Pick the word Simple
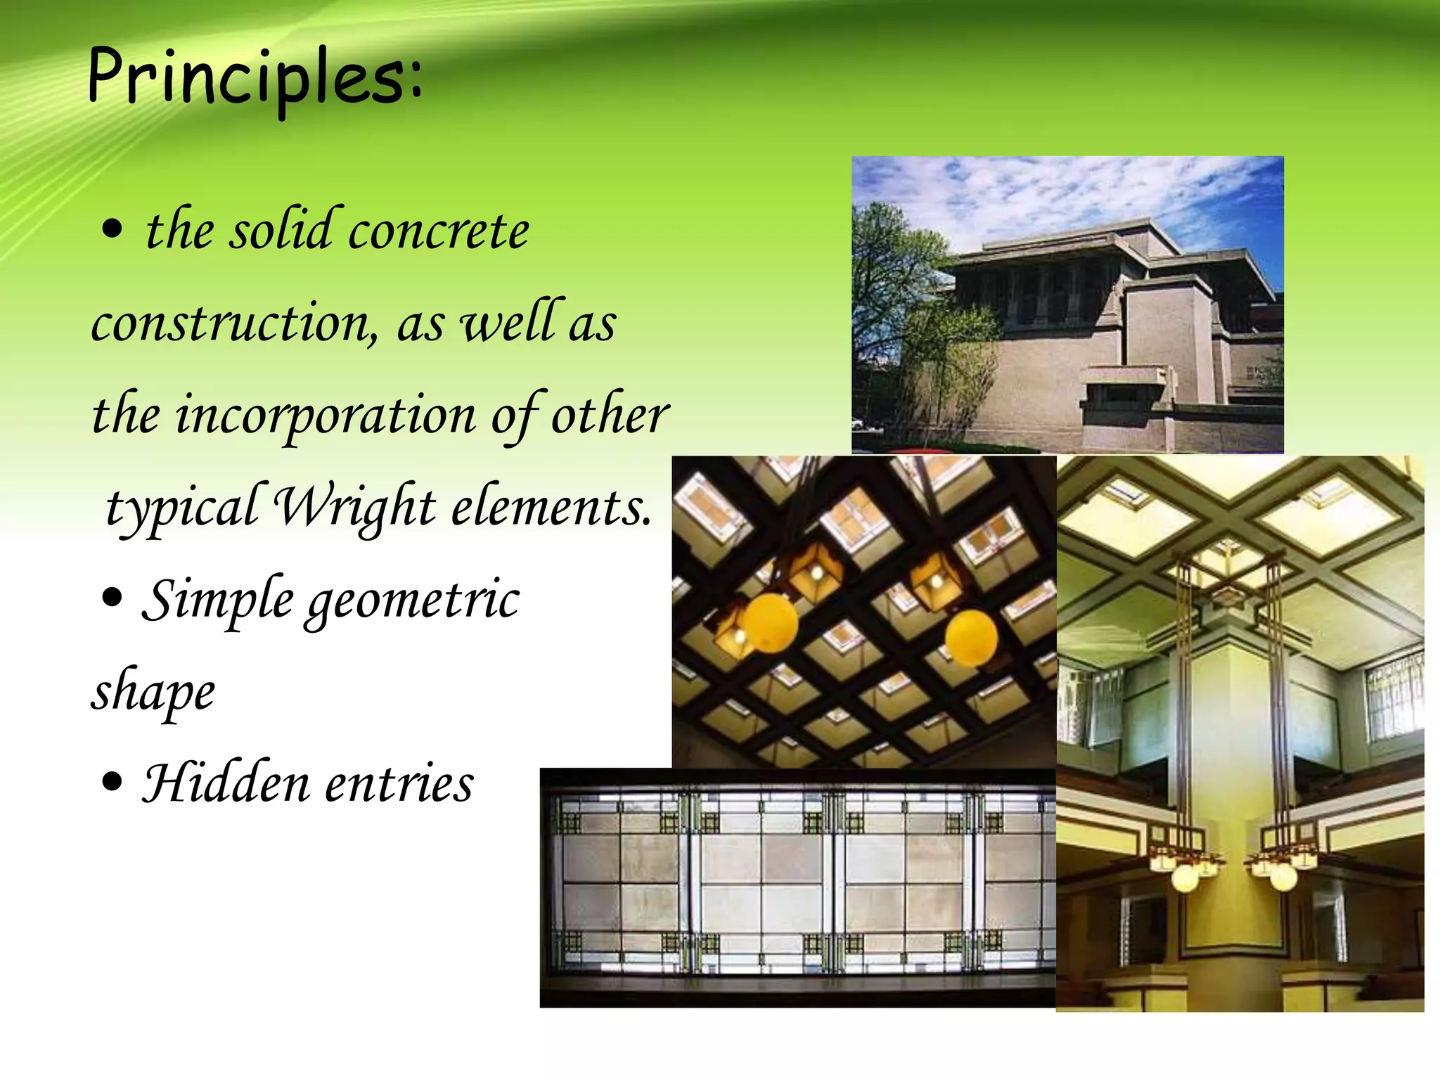218,600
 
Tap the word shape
153,693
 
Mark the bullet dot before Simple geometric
112,598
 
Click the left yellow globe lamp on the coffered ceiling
770,622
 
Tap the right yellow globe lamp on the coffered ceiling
971,637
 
